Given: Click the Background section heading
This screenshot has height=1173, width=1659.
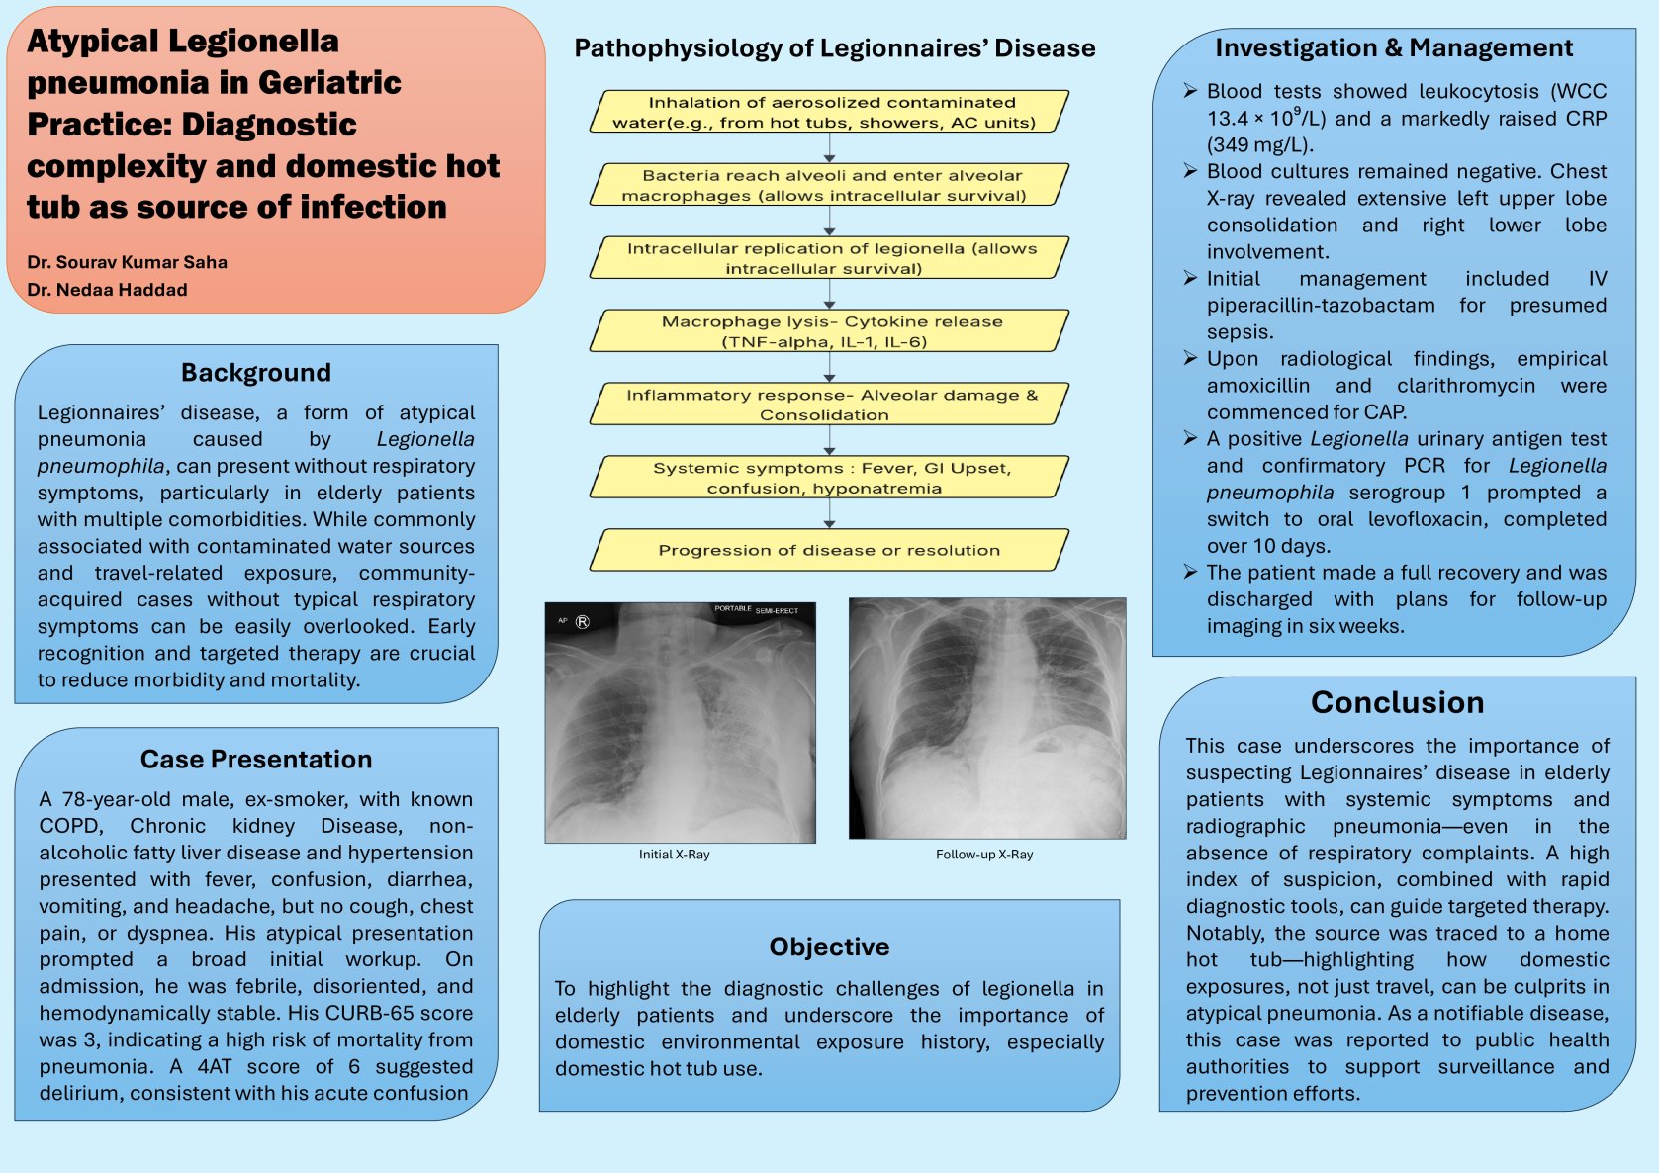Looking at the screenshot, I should pos(255,373).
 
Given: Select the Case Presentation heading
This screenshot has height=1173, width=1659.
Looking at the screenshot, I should pos(256,760).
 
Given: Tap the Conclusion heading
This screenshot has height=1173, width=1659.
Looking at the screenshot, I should pos(1397,702).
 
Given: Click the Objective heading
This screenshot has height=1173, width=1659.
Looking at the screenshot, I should pos(829,947).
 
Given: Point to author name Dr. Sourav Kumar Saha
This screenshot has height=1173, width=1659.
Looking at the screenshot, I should pos(128,262).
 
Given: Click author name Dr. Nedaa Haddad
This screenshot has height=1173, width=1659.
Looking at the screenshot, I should pos(107,290).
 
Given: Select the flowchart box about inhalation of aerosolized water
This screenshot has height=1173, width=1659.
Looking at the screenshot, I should pos(829,112).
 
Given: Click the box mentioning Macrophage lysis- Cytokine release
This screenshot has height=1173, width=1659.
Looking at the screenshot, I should pos(829,331).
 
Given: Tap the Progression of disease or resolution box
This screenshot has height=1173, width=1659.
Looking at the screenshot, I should pos(829,550).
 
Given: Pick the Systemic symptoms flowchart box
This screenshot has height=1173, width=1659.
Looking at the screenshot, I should pos(829,478).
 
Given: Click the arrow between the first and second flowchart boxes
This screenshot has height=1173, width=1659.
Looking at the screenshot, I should pos(829,147).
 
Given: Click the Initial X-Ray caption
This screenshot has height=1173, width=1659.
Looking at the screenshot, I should pos(674,855).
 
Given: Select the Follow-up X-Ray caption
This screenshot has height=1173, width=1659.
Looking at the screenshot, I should pos(984,855).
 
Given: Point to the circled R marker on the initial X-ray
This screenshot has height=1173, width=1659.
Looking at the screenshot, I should pos(583,622).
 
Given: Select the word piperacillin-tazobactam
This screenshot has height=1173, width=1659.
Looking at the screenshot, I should pos(1321,306).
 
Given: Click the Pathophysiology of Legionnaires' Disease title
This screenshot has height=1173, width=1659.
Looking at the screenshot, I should pos(834,48).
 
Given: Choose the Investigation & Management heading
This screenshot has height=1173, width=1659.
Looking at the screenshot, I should pos(1393,48).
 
